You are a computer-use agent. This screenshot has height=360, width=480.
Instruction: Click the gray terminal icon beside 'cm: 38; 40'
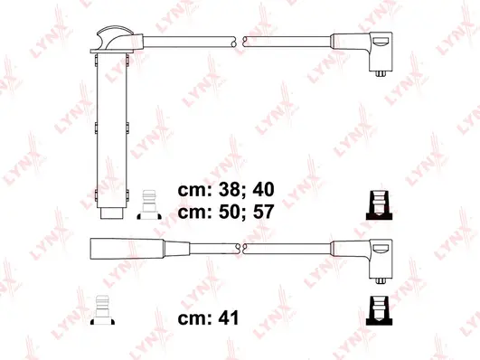tap(149, 205)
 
